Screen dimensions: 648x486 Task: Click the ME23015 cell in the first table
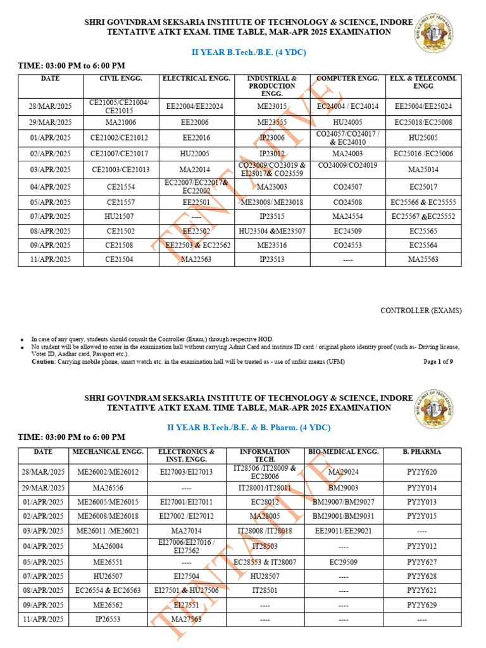[x=271, y=106]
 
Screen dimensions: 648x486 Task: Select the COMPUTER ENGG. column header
[x=347, y=78]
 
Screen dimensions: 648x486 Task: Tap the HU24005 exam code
[x=347, y=122]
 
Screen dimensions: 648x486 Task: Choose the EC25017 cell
[x=423, y=187]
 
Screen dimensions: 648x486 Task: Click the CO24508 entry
[x=347, y=203]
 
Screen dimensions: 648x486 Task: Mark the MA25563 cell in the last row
[x=423, y=259]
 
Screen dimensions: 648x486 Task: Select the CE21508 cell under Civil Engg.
[x=120, y=245]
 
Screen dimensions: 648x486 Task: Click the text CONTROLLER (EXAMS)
[x=420, y=311]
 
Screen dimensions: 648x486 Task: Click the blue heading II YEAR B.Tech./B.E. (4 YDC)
[x=249, y=53]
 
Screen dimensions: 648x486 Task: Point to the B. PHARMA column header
[x=423, y=452]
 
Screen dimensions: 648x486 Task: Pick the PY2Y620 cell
[x=423, y=472]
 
